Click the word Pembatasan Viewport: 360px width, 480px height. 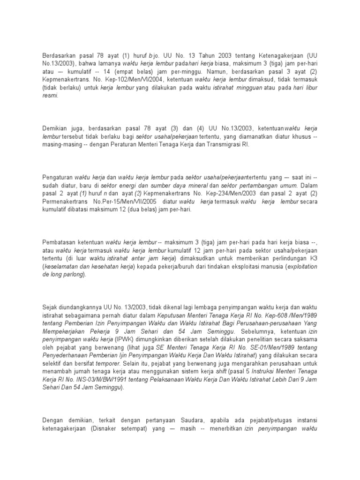click(59, 242)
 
